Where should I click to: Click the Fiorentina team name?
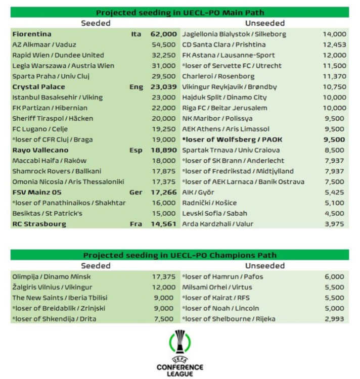click(32, 34)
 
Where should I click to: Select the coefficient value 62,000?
click(163, 34)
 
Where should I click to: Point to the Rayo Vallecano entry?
click(40, 150)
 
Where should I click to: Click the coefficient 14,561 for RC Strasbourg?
click(163, 224)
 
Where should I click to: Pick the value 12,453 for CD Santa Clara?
click(334, 44)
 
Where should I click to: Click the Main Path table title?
click(179, 13)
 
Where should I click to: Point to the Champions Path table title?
click(179, 255)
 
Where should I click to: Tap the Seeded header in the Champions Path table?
click(96, 266)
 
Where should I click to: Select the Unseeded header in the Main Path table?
click(264, 23)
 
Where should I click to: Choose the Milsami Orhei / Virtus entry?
click(219, 287)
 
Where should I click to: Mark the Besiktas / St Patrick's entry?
click(48, 213)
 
